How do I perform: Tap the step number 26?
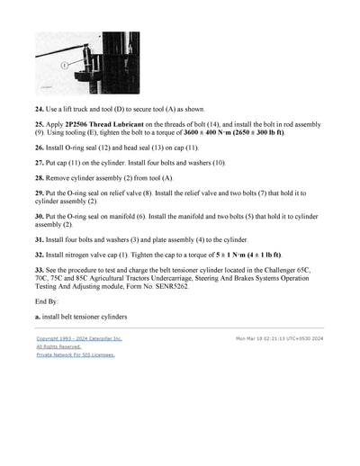[40, 146]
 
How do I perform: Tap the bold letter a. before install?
[38, 317]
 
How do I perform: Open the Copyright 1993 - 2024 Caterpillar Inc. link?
[79, 339]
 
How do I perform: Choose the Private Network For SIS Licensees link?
[76, 355]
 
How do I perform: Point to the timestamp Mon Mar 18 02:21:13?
[264, 339]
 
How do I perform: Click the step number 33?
[40, 270]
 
